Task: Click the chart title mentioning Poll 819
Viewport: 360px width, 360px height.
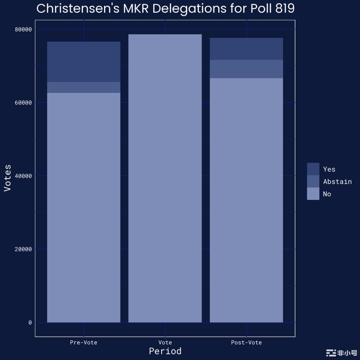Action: click(165, 9)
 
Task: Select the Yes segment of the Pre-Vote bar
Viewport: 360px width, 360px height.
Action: click(84, 62)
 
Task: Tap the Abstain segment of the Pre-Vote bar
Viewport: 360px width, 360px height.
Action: click(84, 88)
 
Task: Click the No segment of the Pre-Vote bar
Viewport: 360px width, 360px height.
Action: click(84, 207)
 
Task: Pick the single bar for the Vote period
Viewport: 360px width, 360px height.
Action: click(165, 178)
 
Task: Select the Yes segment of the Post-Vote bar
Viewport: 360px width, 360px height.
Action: click(246, 49)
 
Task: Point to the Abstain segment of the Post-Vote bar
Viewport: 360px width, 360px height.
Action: click(246, 69)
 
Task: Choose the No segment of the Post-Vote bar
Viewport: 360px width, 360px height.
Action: click(246, 200)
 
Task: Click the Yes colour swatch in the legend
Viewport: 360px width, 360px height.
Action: click(313, 169)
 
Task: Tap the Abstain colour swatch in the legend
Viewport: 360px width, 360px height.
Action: click(313, 181)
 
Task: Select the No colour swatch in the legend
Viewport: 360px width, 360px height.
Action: click(313, 194)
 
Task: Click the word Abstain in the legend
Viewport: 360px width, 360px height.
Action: click(337, 181)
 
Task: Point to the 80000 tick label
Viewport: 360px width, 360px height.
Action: click(23, 30)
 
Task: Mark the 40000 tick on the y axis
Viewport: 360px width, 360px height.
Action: click(23, 176)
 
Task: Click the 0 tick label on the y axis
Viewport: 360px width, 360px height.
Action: click(30, 323)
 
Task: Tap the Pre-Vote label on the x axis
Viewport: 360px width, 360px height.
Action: click(84, 342)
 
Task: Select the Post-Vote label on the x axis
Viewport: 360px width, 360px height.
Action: click(246, 342)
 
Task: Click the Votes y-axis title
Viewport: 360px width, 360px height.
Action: click(7, 178)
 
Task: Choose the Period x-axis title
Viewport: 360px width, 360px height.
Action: click(165, 351)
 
